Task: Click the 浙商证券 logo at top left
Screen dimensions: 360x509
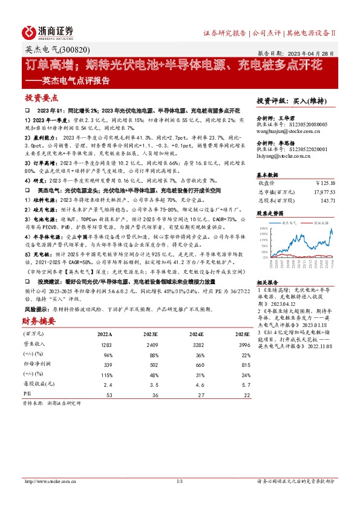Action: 48,31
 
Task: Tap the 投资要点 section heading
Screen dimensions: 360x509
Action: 42,97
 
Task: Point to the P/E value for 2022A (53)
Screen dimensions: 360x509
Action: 110,395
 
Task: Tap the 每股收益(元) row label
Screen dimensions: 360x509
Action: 38,384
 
